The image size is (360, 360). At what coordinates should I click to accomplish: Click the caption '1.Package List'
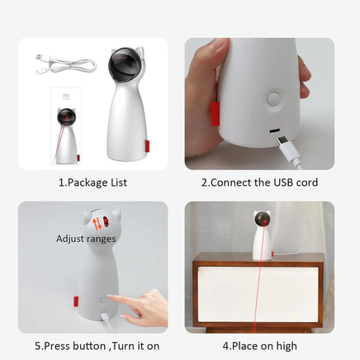coord(92,182)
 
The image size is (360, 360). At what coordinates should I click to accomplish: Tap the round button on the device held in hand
coord(273,98)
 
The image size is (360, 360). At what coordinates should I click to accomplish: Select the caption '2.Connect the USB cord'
coord(258,182)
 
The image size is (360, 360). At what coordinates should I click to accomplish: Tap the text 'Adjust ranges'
coord(87,239)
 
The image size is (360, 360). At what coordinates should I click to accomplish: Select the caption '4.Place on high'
coord(259,345)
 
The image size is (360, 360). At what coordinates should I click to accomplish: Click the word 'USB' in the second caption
coord(280,182)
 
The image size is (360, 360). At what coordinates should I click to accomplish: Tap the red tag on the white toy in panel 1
coord(148,148)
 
